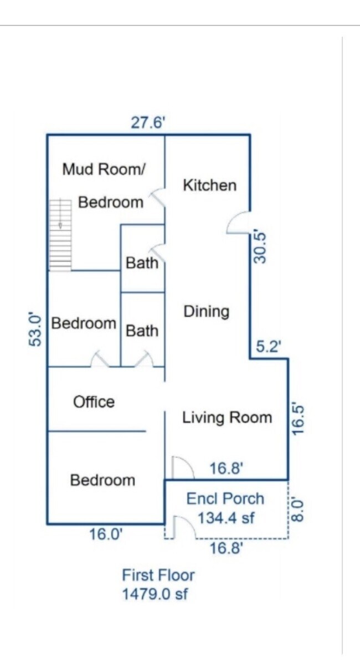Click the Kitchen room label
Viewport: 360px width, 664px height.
click(x=209, y=185)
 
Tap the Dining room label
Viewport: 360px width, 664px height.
click(x=206, y=311)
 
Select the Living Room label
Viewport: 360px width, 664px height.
click(x=227, y=418)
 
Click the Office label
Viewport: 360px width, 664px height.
click(x=94, y=402)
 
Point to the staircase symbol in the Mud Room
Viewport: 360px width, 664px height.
click(x=60, y=235)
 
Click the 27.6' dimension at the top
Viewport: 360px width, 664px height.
click(x=148, y=122)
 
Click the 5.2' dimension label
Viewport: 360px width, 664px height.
click(x=269, y=347)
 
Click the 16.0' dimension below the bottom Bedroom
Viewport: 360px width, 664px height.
click(x=106, y=534)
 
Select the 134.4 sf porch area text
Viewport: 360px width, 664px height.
click(x=226, y=518)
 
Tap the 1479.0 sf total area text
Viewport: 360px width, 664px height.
click(x=155, y=594)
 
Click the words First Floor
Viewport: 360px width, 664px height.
click(x=158, y=575)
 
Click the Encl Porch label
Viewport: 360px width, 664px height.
click(x=225, y=498)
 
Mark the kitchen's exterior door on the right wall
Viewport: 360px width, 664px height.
click(x=239, y=223)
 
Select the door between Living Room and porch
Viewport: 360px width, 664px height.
click(x=182, y=469)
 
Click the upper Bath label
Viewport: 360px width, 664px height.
click(x=142, y=262)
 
